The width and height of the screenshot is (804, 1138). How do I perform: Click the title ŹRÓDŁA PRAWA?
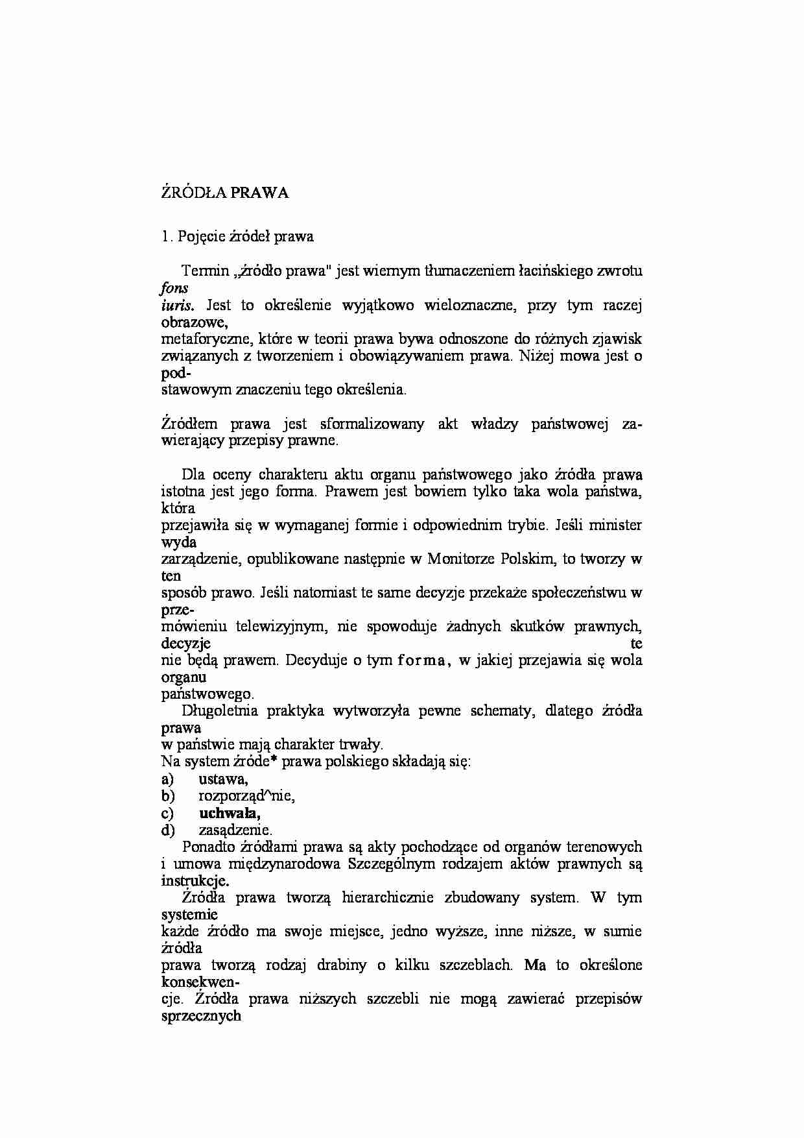(x=224, y=193)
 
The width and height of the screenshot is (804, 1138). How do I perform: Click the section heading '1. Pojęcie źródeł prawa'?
(x=237, y=236)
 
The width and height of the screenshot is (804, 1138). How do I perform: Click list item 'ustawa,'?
(x=223, y=779)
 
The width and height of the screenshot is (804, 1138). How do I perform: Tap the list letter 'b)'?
(x=168, y=796)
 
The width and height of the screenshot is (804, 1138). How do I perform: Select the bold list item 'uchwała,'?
(x=230, y=813)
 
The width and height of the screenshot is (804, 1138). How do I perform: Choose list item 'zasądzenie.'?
(x=235, y=830)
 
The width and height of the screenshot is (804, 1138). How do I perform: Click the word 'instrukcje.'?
(x=195, y=880)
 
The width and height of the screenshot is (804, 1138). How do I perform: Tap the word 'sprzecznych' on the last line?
(x=200, y=1016)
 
